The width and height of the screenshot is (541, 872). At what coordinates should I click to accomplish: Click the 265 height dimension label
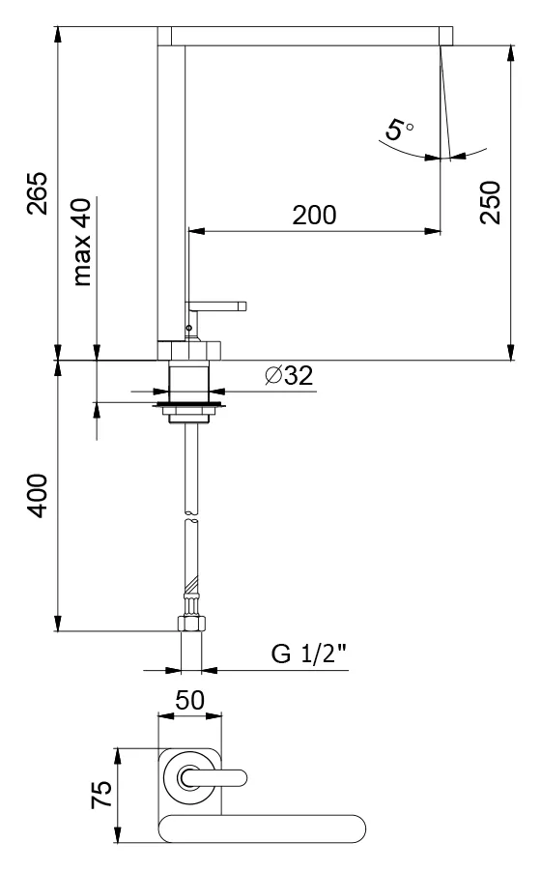pos(39,193)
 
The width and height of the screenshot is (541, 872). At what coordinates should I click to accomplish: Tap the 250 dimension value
pos(491,202)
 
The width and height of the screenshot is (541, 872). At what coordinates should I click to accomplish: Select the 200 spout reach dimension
pos(314,216)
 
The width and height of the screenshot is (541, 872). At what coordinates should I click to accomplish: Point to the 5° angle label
pos(400,130)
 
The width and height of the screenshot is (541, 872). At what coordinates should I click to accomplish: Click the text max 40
pos(82,242)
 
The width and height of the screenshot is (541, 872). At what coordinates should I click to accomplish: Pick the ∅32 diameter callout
pos(289,376)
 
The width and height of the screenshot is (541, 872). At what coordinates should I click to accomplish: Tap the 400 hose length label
pos(38,496)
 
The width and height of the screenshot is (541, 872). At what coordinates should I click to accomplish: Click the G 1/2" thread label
pos(308,654)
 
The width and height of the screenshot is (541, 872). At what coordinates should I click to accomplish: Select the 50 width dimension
pos(189,701)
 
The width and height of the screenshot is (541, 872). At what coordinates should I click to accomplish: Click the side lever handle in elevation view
pos(215,306)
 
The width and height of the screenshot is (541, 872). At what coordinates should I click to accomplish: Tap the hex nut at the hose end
pos(190,623)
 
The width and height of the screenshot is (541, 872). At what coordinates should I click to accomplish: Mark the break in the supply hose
pos(191,516)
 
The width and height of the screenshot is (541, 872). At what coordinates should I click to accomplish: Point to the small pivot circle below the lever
pos(189,329)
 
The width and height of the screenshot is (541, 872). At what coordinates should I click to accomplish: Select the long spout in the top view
pos(262,828)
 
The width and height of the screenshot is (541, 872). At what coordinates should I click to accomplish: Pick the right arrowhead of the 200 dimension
pos(433,231)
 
